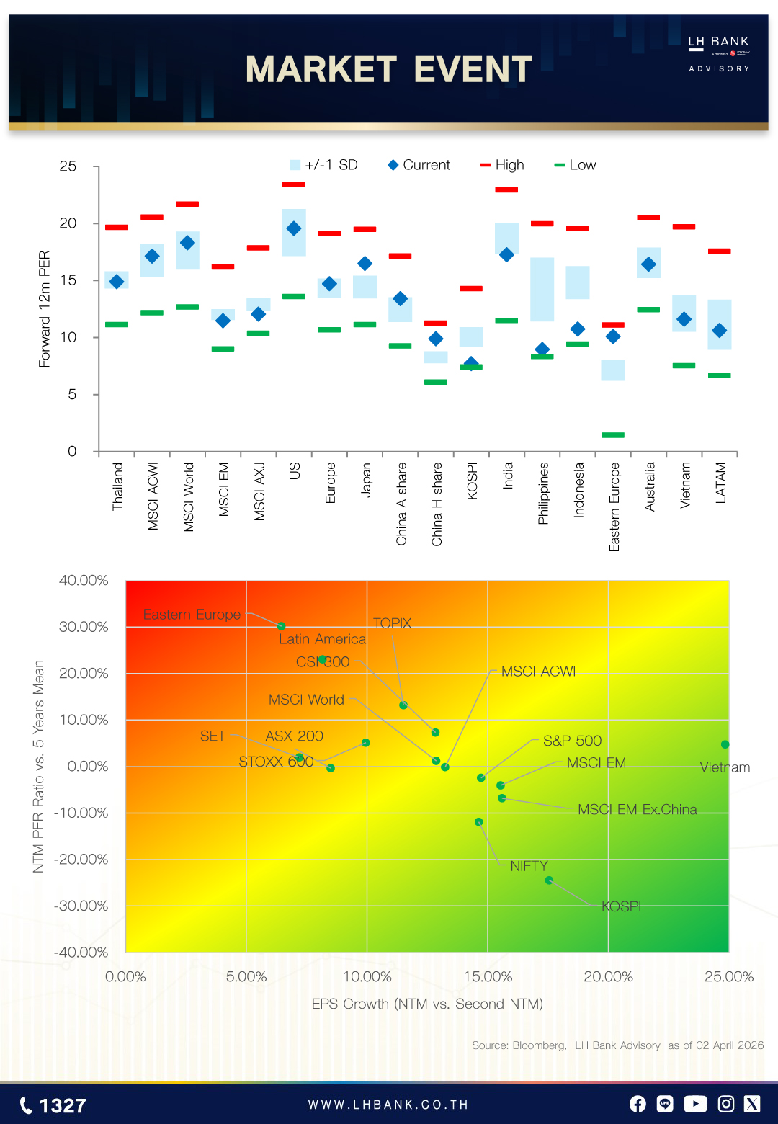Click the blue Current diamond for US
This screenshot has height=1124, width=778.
coord(294,228)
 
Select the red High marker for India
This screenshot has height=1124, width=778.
coord(506,190)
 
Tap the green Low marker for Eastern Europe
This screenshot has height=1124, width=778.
coord(613,435)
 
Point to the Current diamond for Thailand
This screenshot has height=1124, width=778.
coord(117,282)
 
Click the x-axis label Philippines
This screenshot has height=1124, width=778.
coord(543,493)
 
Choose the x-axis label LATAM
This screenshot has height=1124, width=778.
coord(720,483)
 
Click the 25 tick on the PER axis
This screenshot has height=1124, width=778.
coord(68,166)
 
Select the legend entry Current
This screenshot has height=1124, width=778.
coord(419,165)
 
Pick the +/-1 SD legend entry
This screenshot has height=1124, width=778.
coord(323,165)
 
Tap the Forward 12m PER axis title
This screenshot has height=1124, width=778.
coord(45,309)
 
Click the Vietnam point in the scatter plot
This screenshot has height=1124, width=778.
coord(725,744)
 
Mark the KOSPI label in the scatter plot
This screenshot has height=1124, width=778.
coord(621,906)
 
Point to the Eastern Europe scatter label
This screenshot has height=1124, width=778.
coord(192,615)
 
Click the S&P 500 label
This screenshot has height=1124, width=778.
coord(572,741)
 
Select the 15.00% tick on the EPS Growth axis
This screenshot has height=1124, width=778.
coord(488,977)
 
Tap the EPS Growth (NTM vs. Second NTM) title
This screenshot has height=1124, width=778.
coord(427,1004)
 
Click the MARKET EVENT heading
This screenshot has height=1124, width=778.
coord(388,70)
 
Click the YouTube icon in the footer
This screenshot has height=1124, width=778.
coord(695,1104)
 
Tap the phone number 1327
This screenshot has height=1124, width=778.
coord(53,1105)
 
